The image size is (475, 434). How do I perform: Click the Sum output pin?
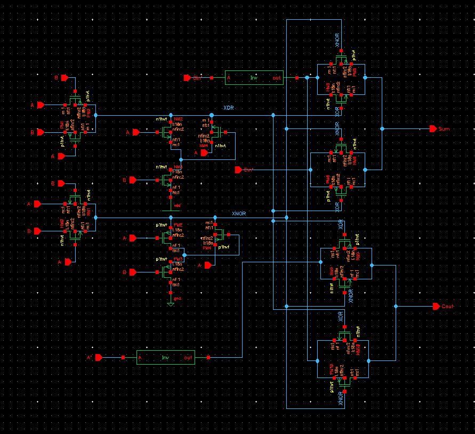(433, 129)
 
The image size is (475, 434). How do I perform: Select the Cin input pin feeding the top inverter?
(187, 78)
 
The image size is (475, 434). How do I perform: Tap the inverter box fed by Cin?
(254, 78)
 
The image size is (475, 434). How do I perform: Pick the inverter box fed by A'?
(165, 357)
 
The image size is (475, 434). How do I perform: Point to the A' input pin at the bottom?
(98, 357)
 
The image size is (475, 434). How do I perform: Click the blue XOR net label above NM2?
(229, 108)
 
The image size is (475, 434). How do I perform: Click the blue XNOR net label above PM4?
(239, 213)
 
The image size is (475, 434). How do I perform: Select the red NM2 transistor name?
(178, 119)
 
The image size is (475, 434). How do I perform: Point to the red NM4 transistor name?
(204, 145)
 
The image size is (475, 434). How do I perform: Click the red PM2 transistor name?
(178, 225)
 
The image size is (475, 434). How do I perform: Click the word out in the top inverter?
(277, 78)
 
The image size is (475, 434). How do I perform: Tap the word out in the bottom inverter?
(188, 357)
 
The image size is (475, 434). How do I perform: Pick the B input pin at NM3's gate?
(133, 180)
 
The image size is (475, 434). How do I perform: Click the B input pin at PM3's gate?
(133, 272)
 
